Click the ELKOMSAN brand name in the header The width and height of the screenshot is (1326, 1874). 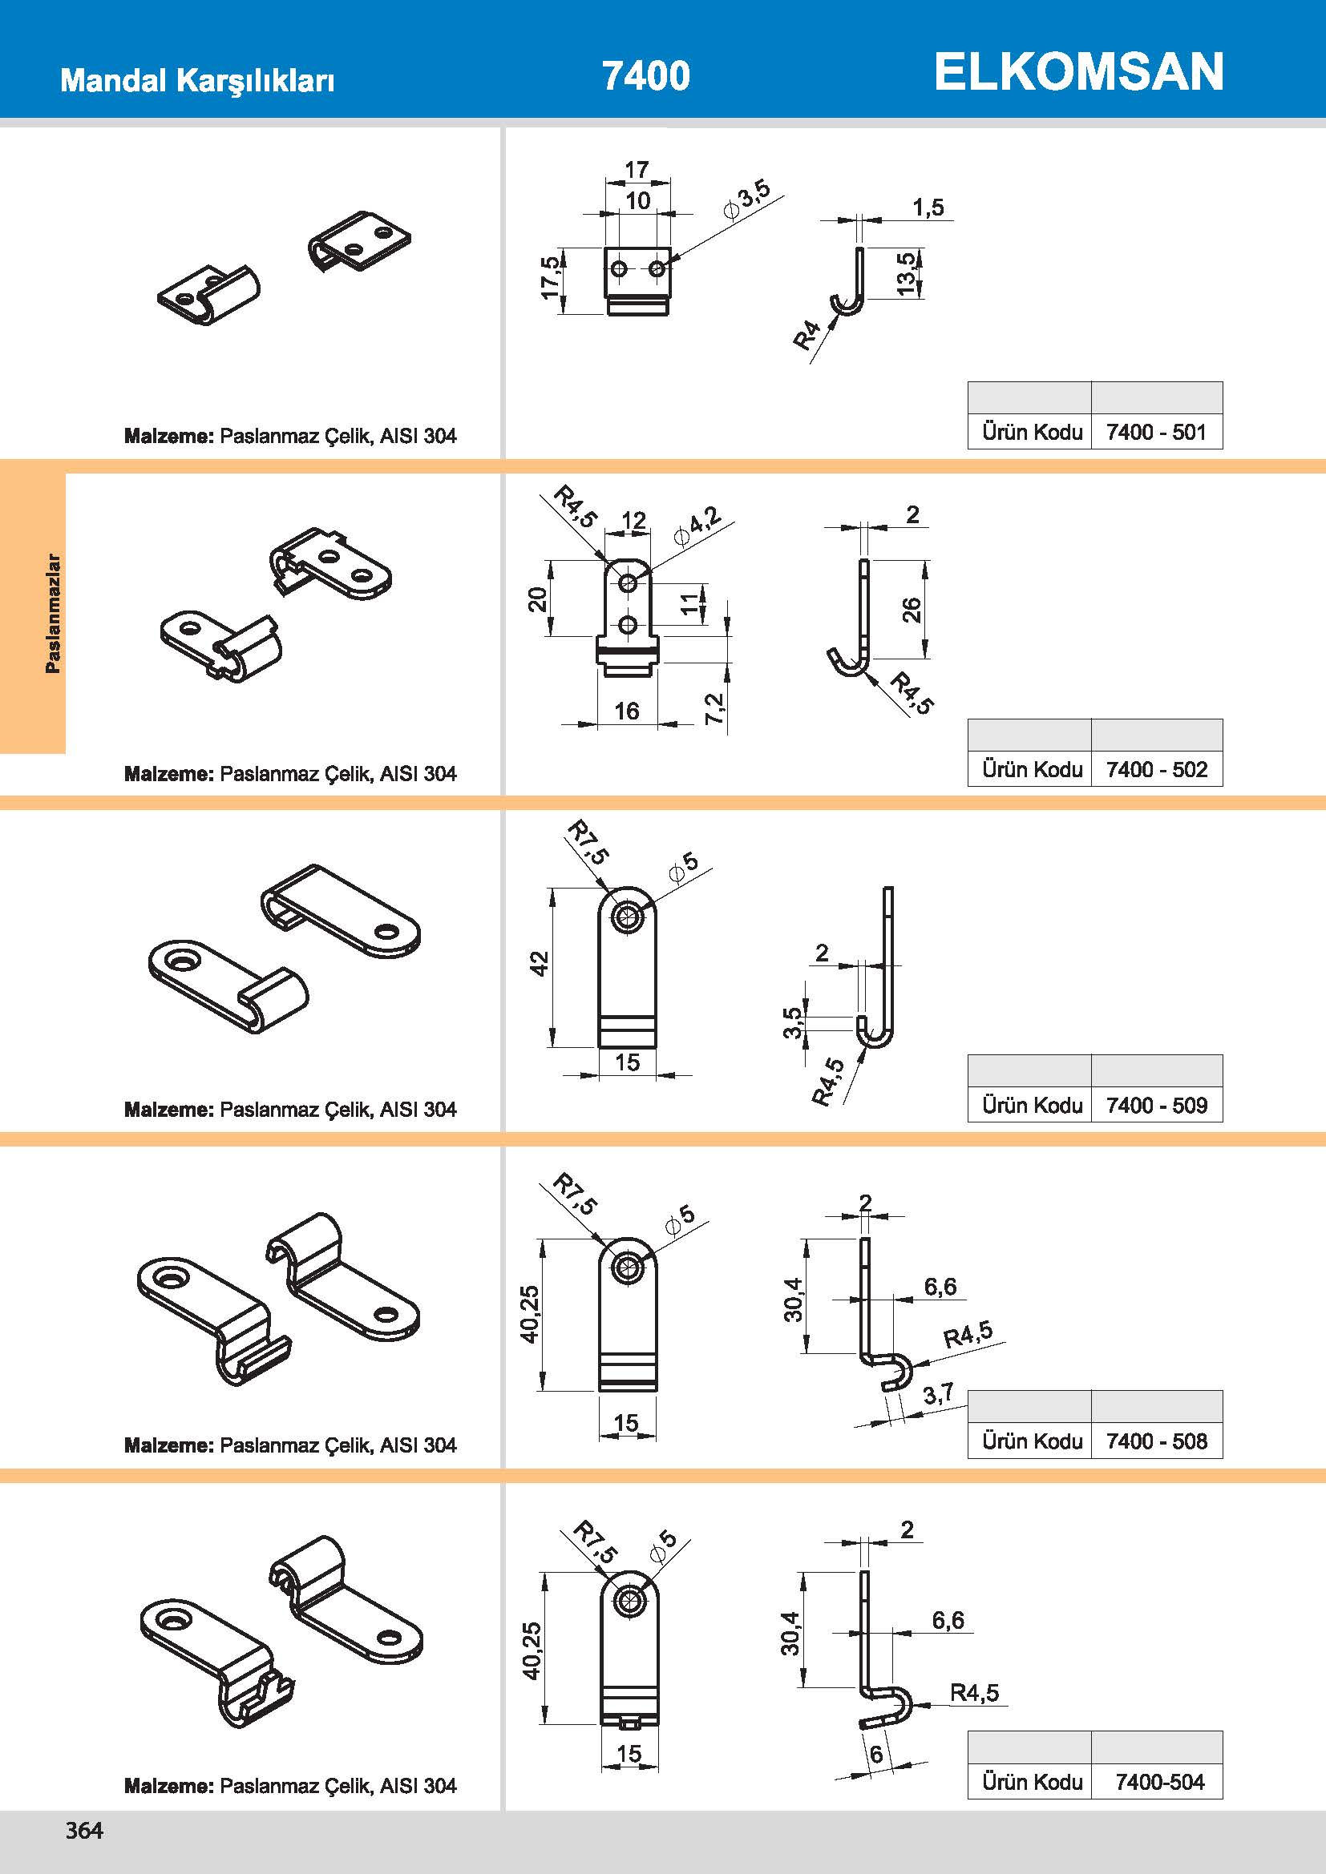click(x=1077, y=72)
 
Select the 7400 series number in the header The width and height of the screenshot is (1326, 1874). click(x=646, y=76)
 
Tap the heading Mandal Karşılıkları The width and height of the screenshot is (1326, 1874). click(x=197, y=81)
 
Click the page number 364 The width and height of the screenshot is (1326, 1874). click(x=84, y=1830)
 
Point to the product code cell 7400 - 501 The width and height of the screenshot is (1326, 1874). click(x=1156, y=432)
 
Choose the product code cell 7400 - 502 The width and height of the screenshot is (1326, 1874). click(x=1156, y=769)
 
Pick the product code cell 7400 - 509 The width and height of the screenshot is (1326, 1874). click(x=1156, y=1105)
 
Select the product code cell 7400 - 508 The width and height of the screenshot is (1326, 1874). click(x=1156, y=1441)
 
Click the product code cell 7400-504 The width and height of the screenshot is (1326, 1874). click(x=1159, y=1782)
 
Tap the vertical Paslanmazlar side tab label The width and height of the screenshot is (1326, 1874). click(x=53, y=613)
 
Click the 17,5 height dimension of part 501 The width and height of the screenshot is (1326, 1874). click(x=551, y=277)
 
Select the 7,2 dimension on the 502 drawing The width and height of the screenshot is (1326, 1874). click(x=714, y=708)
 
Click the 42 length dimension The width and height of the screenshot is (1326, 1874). click(x=540, y=963)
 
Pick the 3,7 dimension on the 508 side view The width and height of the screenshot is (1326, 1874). click(x=938, y=1394)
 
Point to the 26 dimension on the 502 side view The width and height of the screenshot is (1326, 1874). click(x=912, y=610)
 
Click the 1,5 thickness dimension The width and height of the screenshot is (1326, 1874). click(x=928, y=208)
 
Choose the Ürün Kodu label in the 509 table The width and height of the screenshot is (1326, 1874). click(x=1032, y=1105)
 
